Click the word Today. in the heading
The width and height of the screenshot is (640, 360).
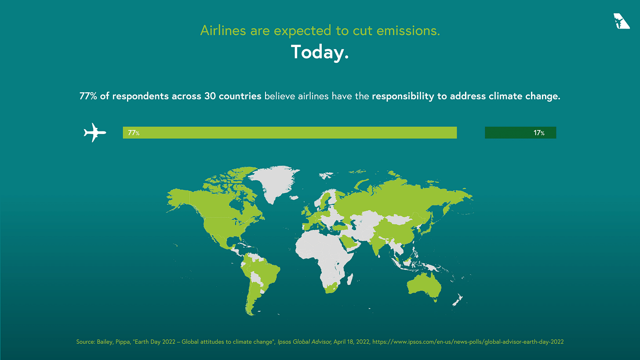pos(320,52)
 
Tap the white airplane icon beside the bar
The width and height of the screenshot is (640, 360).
pos(95,132)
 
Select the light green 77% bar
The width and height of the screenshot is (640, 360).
pos(290,132)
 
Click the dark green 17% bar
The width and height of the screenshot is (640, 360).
pos(520,132)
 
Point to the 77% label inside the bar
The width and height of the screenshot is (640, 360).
pos(134,133)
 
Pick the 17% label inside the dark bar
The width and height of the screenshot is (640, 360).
pos(539,133)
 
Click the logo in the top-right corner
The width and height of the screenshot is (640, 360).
pos(621,21)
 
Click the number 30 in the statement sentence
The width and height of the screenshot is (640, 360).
pos(210,96)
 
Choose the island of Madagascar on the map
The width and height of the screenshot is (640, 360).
pos(350,279)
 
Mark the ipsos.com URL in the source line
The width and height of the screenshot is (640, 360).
pos(468,341)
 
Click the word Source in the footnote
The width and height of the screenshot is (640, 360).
pos(85,341)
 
